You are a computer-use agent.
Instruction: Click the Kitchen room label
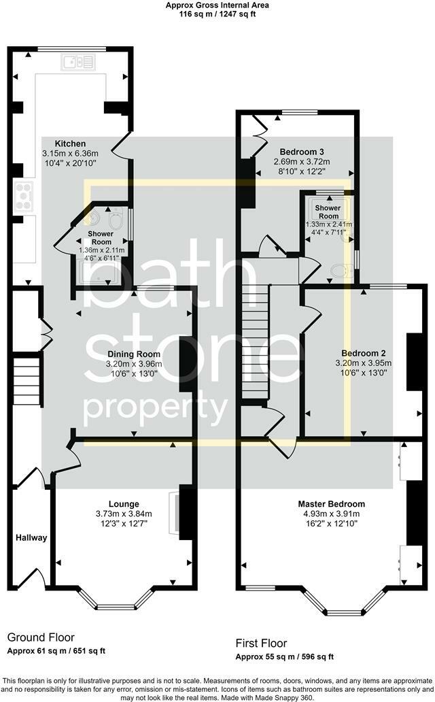pyautogui.click(x=70, y=144)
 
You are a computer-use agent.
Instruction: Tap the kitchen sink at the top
pyautogui.click(x=78, y=62)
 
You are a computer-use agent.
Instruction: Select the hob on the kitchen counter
pyautogui.click(x=24, y=197)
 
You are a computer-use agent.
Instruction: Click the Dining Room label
pyautogui.click(x=134, y=354)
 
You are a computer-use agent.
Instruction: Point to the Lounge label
pyautogui.click(x=124, y=504)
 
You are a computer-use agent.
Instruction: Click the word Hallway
pyautogui.click(x=31, y=537)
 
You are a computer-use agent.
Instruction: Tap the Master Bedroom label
pyautogui.click(x=332, y=504)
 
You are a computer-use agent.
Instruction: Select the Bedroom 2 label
pyautogui.click(x=364, y=353)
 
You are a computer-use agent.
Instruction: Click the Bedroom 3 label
pyautogui.click(x=302, y=152)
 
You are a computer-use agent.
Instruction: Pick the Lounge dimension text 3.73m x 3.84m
pyautogui.click(x=124, y=514)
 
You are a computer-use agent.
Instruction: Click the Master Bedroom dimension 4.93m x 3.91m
pyautogui.click(x=332, y=514)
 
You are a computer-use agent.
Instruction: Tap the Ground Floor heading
pyautogui.click(x=41, y=637)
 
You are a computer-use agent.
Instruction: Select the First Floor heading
pyautogui.click(x=262, y=643)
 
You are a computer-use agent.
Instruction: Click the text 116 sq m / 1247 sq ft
pyautogui.click(x=217, y=14)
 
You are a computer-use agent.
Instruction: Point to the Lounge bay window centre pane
pyautogui.click(x=116, y=607)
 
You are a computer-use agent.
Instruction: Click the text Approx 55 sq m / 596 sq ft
pyautogui.click(x=285, y=657)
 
